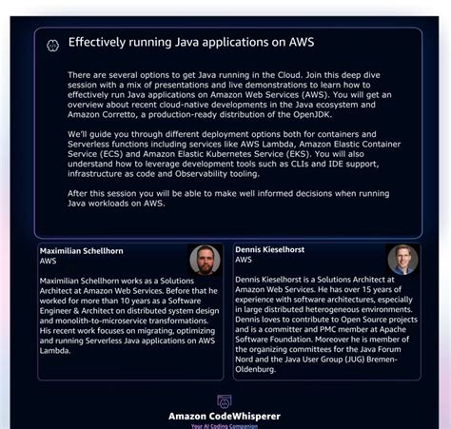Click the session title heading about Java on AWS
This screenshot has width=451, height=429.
tap(190, 43)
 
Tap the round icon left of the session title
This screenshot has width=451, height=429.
tap(53, 44)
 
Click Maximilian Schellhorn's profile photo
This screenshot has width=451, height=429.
tap(205, 261)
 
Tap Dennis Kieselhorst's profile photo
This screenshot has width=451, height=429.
tap(402, 259)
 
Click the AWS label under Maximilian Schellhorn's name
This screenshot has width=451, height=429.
tap(49, 261)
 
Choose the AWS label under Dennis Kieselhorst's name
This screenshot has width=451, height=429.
tap(244, 259)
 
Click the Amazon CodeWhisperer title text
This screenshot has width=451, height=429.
tap(225, 416)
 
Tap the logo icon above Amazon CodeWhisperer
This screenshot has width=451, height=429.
tap(225, 401)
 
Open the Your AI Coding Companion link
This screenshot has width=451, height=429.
tap(225, 425)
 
